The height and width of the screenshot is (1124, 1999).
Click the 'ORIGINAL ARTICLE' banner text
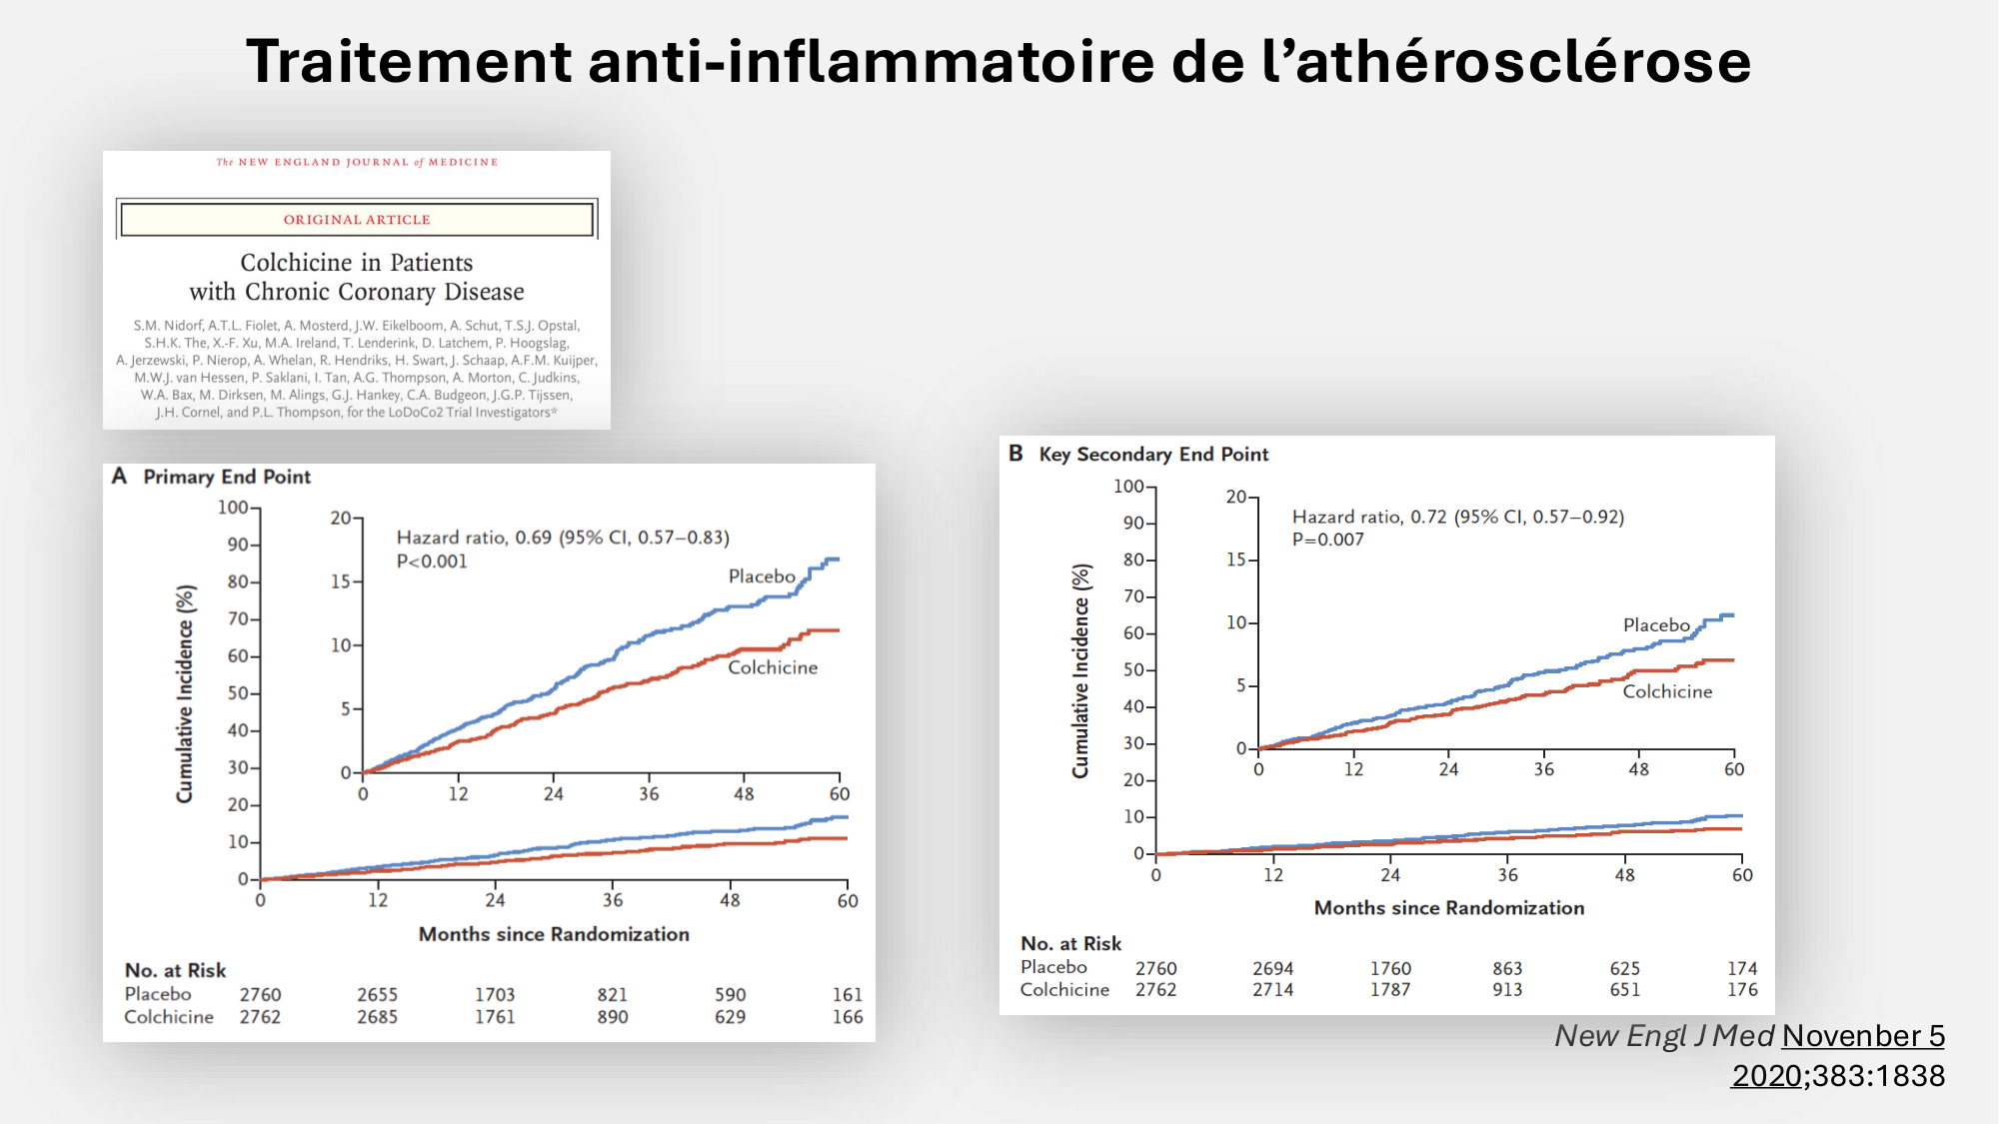(x=357, y=220)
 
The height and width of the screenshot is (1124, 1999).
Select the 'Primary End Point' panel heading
(x=227, y=478)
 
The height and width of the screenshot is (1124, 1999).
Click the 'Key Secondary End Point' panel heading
(x=1153, y=455)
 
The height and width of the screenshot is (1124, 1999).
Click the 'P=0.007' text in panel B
(x=1327, y=540)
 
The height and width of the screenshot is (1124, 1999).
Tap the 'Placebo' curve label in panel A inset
(x=762, y=576)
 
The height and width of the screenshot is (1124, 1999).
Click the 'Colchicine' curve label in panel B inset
(x=1666, y=691)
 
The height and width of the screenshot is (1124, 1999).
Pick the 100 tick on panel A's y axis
(x=233, y=508)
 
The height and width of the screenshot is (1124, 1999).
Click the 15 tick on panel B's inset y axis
(x=1236, y=560)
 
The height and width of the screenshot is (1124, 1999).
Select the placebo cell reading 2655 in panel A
(x=377, y=995)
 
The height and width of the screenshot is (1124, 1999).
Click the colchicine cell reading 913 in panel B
(x=1507, y=990)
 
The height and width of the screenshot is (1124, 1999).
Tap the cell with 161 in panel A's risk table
(x=847, y=995)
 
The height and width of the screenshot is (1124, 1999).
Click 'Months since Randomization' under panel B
(x=1448, y=908)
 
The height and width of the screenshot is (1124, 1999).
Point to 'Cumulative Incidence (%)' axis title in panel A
(x=185, y=693)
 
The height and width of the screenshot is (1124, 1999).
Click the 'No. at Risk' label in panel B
(x=1070, y=944)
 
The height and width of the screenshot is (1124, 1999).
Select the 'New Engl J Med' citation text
(x=1664, y=1036)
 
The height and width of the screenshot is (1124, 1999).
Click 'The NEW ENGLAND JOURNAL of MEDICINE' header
(x=357, y=162)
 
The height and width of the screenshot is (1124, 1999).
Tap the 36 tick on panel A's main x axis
(x=613, y=900)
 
